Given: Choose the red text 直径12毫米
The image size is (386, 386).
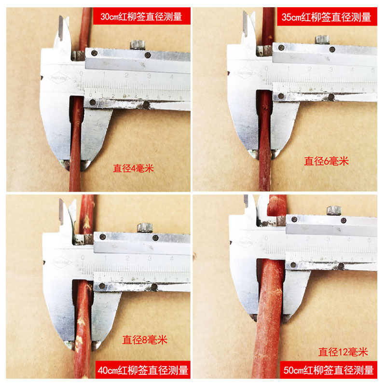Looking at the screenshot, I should [x=343, y=352].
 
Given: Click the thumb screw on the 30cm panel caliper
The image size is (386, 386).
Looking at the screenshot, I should [x=138, y=45].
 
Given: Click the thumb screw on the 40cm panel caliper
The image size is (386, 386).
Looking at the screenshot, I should [x=143, y=226].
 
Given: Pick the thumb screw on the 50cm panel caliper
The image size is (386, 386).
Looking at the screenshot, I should [x=333, y=210].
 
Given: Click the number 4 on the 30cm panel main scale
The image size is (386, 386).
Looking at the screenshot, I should [x=172, y=76].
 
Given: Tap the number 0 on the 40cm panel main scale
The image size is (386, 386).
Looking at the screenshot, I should [x=83, y=258].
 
